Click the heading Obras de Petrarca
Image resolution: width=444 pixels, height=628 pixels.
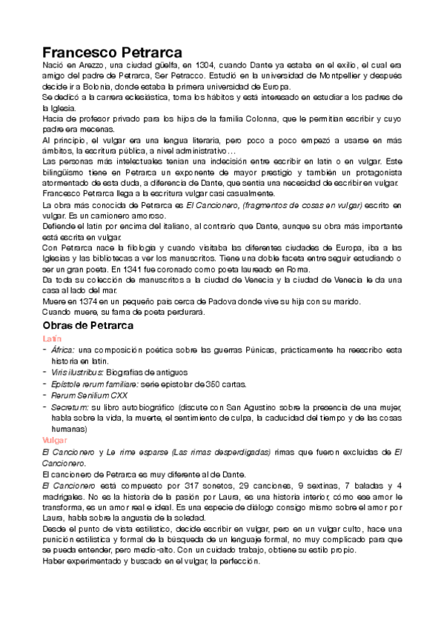tap(87, 326)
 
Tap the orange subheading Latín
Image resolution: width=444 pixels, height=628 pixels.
tap(52, 338)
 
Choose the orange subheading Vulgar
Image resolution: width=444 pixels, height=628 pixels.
tap(55, 440)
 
